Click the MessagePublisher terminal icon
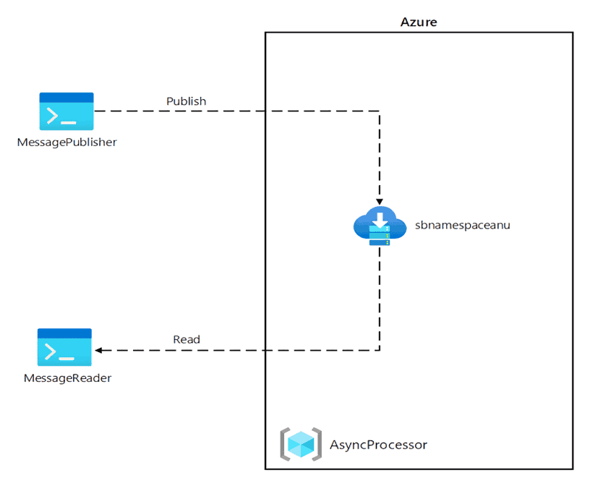coord(67,111)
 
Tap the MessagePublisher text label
coord(67,142)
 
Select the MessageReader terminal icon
coord(64,347)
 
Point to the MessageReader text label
coord(67,377)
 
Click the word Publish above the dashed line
coord(186,101)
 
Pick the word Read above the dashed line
coord(187,339)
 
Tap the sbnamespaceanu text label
coord(463,225)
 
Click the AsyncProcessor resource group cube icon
coord(300,444)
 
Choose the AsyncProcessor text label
coord(378,445)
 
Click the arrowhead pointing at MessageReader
coord(98,350)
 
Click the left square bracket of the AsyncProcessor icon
coord(284,444)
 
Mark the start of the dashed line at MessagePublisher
coord(97,111)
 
